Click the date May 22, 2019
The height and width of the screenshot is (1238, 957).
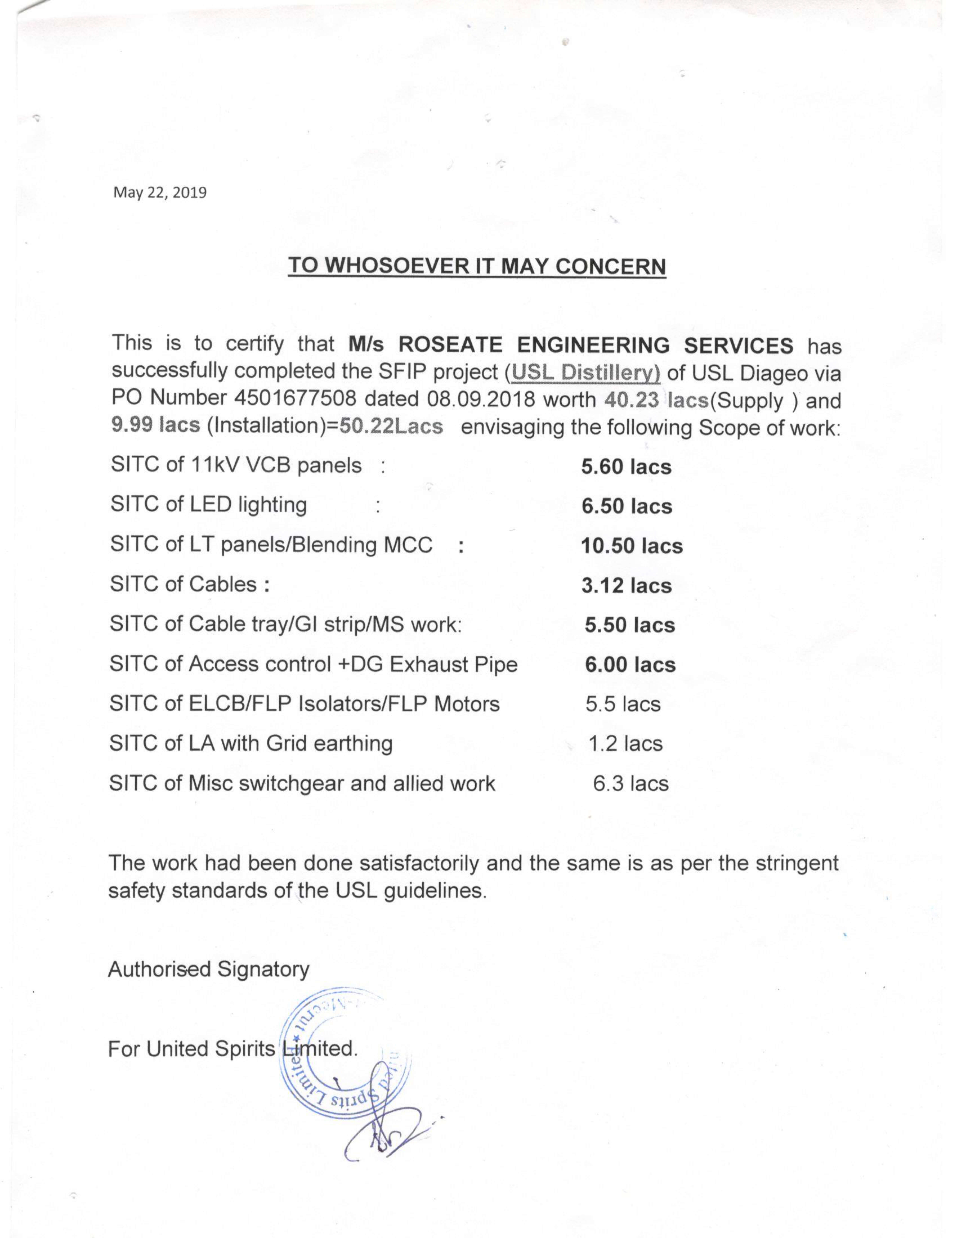(x=160, y=193)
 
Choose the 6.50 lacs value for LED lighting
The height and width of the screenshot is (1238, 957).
(x=627, y=506)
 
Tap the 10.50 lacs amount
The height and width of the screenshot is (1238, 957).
(x=632, y=546)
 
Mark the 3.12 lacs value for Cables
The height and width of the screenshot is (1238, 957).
(x=626, y=586)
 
